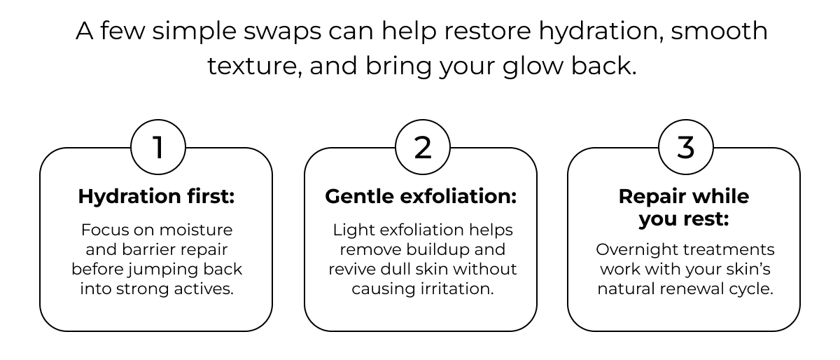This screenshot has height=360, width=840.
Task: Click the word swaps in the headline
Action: click(x=282, y=32)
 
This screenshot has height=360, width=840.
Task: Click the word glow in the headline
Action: click(x=533, y=67)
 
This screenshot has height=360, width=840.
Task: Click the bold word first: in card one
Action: click(x=211, y=196)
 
